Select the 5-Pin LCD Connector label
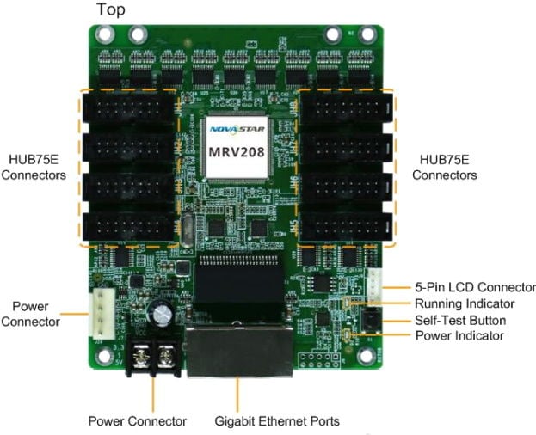coord(475,287)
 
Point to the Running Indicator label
coord(465,303)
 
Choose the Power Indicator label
coord(459,335)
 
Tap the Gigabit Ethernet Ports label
coord(276,421)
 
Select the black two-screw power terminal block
coord(153,354)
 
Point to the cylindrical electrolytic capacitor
coord(161,312)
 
